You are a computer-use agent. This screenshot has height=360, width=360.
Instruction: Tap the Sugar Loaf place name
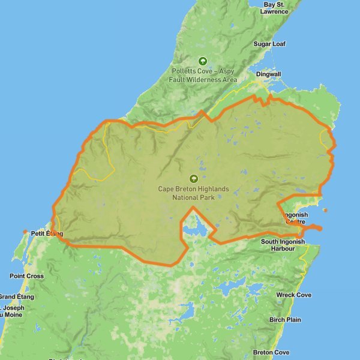click(269, 44)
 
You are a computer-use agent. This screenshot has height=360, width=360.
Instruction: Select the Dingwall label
click(268, 74)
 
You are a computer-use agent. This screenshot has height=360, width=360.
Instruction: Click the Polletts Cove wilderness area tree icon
click(203, 61)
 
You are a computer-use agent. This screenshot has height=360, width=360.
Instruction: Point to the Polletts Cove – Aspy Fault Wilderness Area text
click(204, 75)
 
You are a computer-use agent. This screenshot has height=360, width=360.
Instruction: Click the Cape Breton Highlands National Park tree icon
click(193, 178)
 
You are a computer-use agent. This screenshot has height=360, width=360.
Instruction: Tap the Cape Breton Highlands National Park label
click(193, 193)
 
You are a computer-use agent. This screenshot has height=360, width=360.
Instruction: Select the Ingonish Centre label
click(295, 218)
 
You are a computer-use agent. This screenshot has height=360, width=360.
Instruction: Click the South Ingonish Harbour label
click(283, 245)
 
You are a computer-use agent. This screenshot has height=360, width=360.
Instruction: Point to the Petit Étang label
click(46, 232)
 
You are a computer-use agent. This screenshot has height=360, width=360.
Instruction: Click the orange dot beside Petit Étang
click(25, 232)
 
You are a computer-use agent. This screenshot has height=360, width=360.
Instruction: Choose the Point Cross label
click(26, 276)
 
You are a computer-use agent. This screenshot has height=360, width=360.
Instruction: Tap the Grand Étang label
click(17, 296)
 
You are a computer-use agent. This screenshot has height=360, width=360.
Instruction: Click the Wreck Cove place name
click(293, 295)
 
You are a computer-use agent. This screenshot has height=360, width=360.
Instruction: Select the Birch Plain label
click(285, 320)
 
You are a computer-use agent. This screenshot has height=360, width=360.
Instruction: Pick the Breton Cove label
click(271, 352)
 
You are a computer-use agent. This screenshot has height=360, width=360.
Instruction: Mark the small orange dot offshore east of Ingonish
click(325, 210)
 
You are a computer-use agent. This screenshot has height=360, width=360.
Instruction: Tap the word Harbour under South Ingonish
click(283, 248)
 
